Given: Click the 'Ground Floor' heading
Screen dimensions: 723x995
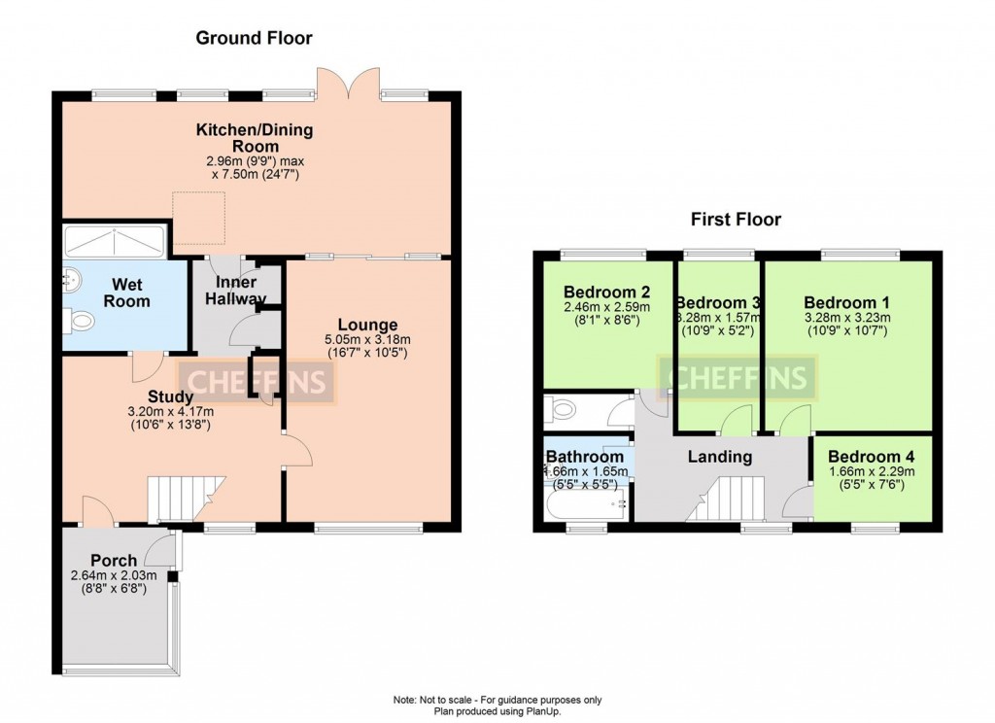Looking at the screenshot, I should click(x=255, y=38).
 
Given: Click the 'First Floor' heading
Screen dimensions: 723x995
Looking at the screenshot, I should click(x=736, y=220).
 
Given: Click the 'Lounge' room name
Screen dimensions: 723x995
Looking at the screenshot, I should click(x=367, y=325).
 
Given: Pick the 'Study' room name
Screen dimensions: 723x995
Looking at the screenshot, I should click(x=170, y=396).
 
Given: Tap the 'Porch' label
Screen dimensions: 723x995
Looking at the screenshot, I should click(x=114, y=561).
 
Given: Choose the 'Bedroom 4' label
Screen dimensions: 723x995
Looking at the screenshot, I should click(x=872, y=457).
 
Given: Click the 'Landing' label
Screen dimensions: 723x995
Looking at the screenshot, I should click(x=720, y=457).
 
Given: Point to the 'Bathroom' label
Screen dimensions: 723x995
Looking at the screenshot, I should click(x=584, y=457).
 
